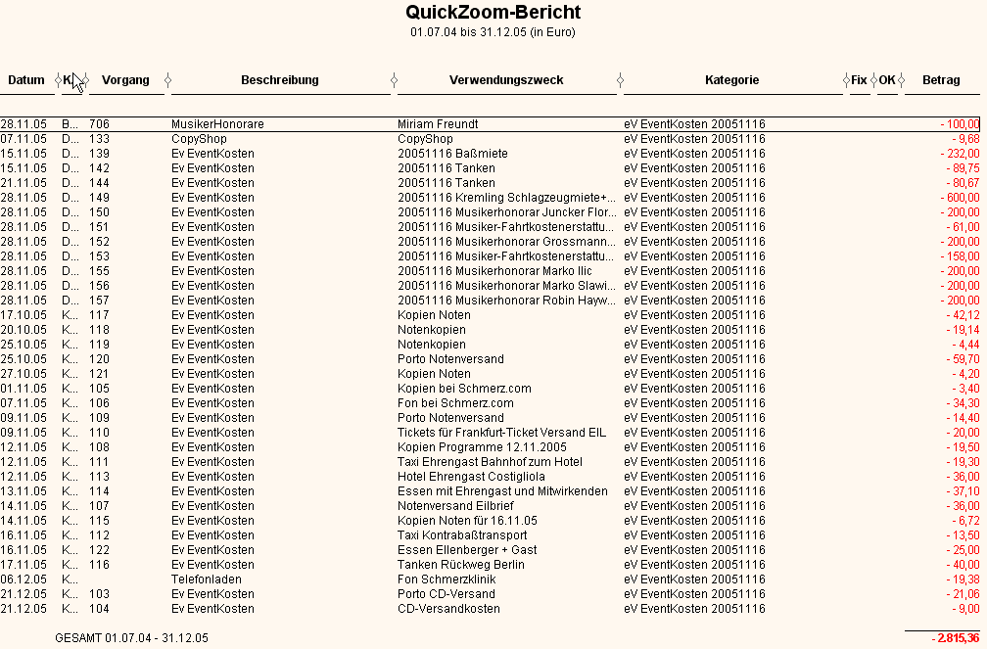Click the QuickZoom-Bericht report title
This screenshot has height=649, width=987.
[x=493, y=13]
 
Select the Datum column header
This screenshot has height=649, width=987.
[x=27, y=80]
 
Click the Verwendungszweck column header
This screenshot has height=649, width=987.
[x=506, y=80]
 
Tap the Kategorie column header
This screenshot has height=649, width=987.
[x=731, y=80]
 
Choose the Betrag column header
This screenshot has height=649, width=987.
[x=941, y=80]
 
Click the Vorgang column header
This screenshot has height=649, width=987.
[x=125, y=80]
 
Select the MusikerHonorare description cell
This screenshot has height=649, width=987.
[x=217, y=124]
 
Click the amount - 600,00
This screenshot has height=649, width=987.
[x=960, y=198]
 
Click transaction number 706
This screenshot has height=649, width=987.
[x=99, y=124]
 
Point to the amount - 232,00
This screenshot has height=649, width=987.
[x=960, y=154]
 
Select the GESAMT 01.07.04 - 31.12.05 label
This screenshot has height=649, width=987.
[x=132, y=638]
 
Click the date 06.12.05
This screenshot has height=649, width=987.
[x=23, y=579]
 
